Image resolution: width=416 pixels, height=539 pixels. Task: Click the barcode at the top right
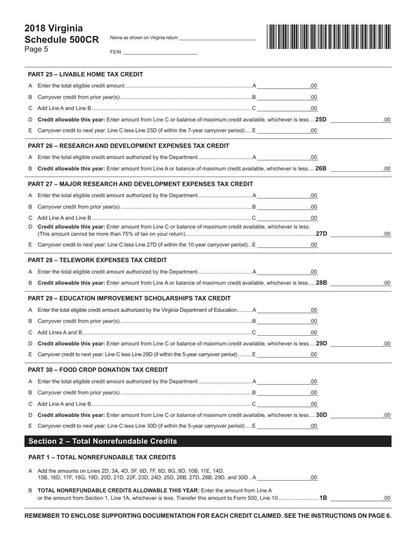click(x=328, y=36)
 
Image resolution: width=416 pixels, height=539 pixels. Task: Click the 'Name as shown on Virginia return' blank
click(x=217, y=38)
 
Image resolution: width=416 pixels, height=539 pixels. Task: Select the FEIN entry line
click(x=160, y=52)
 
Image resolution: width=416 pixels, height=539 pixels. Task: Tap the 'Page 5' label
click(x=36, y=49)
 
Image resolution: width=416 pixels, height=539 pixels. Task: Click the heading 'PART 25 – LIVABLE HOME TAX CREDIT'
click(x=85, y=74)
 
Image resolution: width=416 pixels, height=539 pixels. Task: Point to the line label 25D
click(x=321, y=119)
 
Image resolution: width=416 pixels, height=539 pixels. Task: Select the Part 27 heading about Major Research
click(x=140, y=184)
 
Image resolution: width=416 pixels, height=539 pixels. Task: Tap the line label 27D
click(x=321, y=234)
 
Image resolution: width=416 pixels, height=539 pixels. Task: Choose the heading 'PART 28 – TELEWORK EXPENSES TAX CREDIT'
click(x=97, y=260)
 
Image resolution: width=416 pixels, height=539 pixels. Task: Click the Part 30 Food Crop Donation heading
click(x=98, y=370)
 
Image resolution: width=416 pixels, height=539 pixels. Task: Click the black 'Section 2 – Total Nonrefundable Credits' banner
click(x=208, y=441)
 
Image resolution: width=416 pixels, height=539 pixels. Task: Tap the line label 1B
click(x=323, y=498)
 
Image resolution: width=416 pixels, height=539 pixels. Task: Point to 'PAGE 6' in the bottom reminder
click(x=380, y=516)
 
